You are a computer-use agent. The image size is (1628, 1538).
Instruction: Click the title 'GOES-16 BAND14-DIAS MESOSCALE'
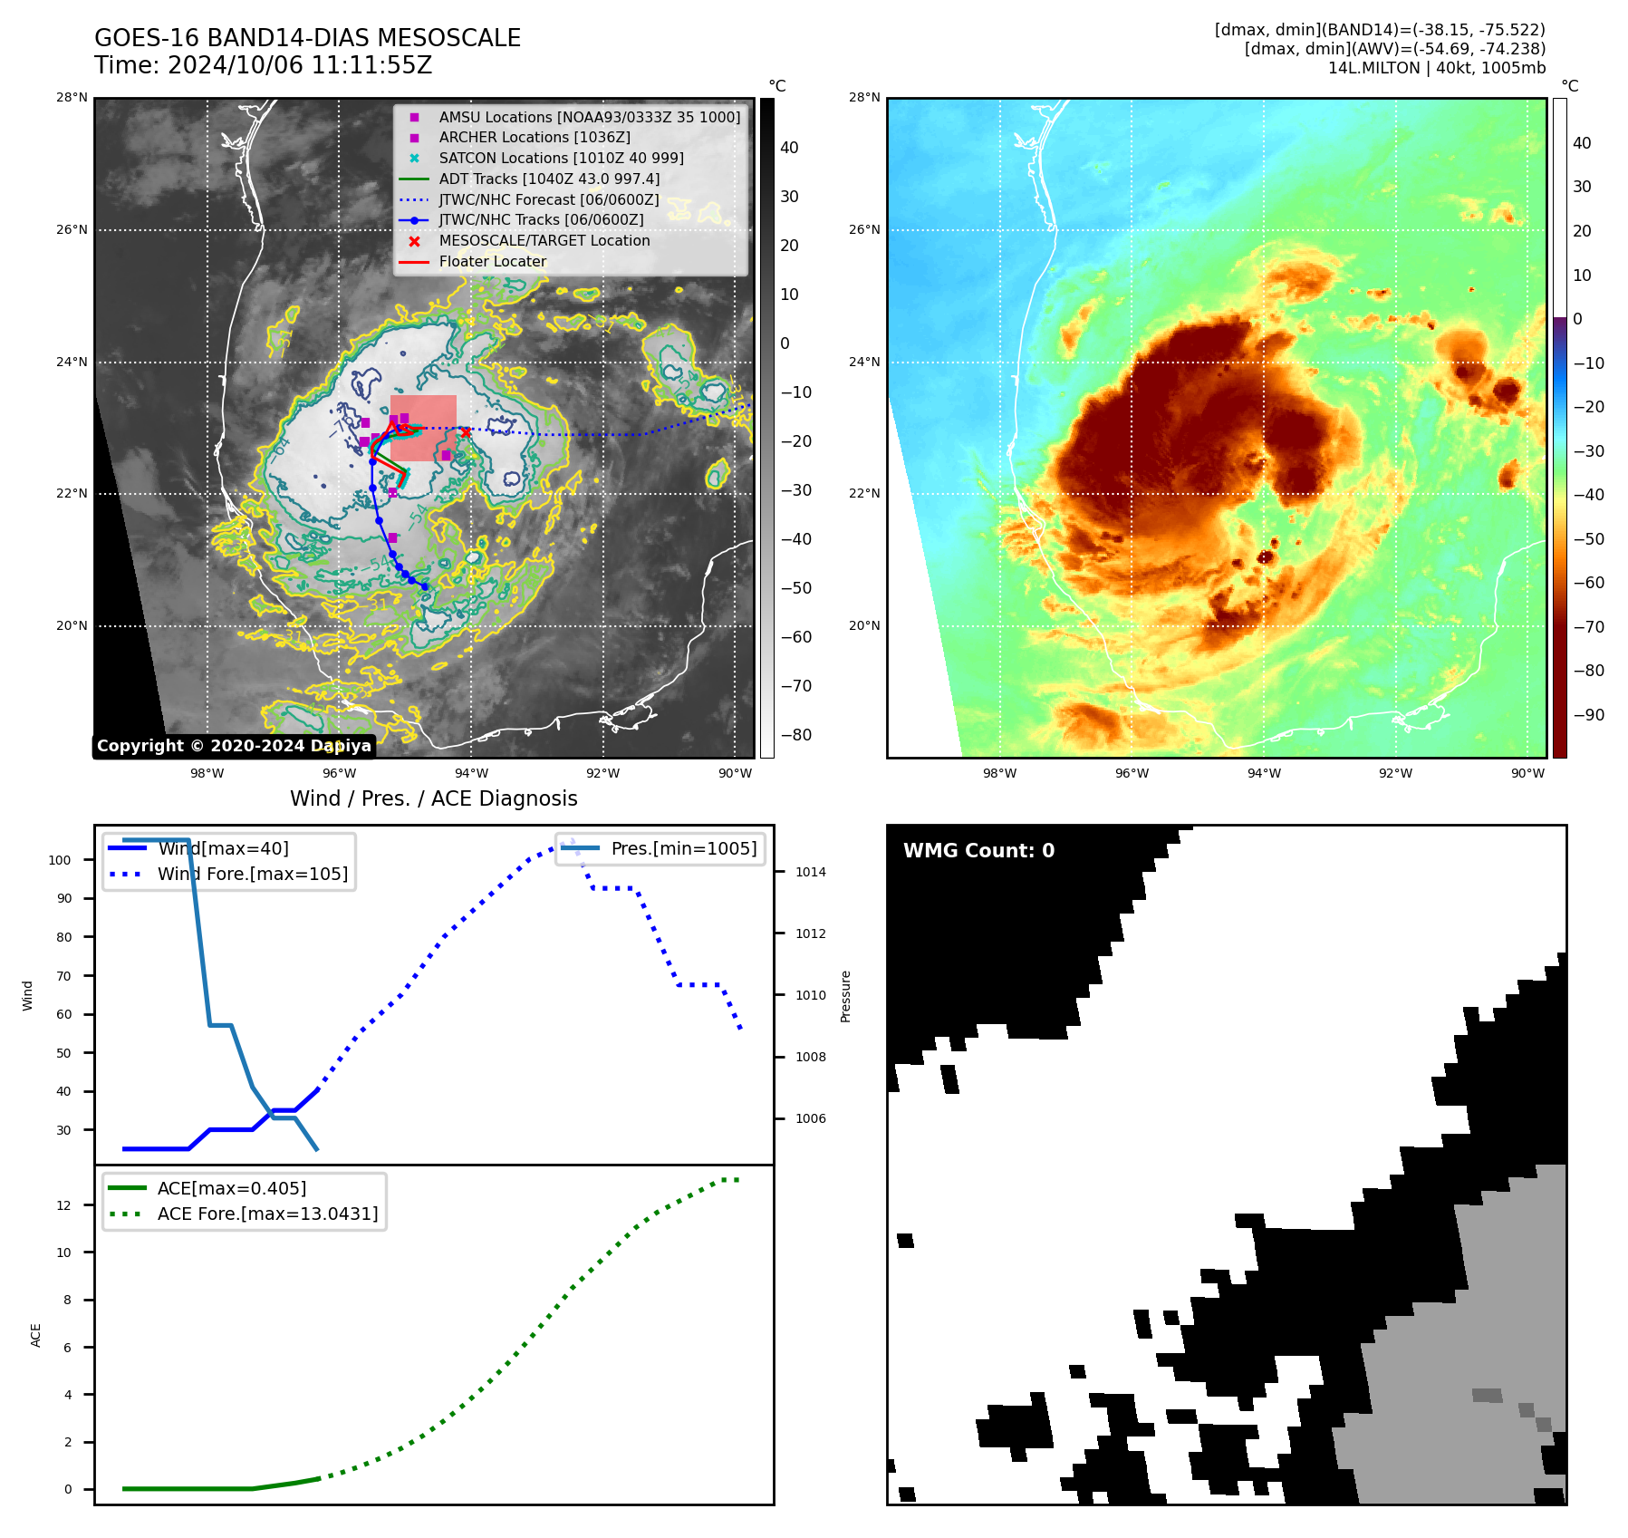[307, 38]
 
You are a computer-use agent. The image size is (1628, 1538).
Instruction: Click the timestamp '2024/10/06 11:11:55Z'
[300, 65]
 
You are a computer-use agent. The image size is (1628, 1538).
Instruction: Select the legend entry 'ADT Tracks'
[549, 179]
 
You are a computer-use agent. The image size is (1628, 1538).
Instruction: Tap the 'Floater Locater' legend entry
[493, 261]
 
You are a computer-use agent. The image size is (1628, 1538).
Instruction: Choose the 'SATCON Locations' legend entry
[561, 158]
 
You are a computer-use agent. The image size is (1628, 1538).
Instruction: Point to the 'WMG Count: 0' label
[978, 850]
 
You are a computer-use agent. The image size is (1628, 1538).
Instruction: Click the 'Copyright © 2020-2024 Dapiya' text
[234, 746]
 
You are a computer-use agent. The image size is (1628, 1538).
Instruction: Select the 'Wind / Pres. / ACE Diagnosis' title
[433, 798]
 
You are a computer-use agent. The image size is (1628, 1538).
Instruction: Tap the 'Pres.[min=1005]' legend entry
[683, 848]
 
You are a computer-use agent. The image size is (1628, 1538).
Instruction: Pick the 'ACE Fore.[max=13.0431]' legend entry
[267, 1214]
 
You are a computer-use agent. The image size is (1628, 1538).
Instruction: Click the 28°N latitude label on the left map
[72, 98]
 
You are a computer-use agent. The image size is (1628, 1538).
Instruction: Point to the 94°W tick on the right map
[1264, 773]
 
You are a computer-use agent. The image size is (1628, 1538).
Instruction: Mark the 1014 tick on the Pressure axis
[811, 872]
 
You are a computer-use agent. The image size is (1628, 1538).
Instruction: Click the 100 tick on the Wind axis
[60, 860]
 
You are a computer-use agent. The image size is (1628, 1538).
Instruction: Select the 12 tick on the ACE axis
[63, 1205]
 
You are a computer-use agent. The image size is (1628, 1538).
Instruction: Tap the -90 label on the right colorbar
[1588, 715]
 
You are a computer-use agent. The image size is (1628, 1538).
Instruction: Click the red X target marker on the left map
[466, 432]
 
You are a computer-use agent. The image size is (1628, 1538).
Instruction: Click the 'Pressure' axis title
[846, 996]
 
